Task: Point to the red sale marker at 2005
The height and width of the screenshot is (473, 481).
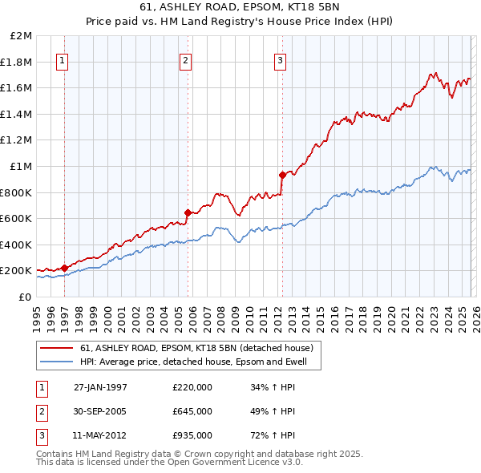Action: tap(188, 212)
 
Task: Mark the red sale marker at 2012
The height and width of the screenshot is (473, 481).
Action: tap(282, 175)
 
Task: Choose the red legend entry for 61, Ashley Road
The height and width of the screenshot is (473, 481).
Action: tap(200, 348)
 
